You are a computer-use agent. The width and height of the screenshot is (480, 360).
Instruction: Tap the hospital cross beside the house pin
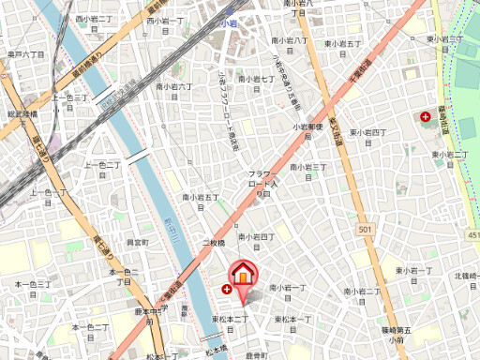[x=226, y=291]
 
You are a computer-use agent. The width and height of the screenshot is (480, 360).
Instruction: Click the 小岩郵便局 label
[x=306, y=131]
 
